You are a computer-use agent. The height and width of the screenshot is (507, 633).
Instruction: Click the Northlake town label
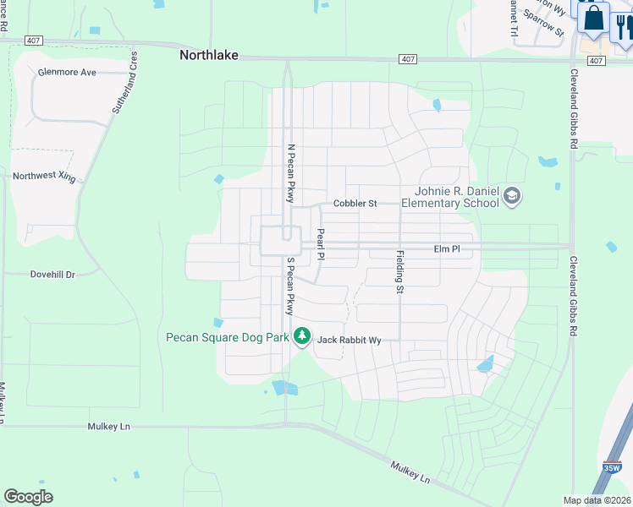tap(208, 55)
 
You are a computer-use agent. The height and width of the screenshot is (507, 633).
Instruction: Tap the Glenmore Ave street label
tap(67, 73)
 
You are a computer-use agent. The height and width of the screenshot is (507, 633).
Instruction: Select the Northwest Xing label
tap(43, 177)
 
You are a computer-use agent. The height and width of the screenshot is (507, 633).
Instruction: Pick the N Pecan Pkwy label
tap(290, 173)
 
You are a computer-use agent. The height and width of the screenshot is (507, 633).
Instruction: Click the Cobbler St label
tap(355, 204)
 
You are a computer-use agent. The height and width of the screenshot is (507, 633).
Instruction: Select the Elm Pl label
tap(446, 249)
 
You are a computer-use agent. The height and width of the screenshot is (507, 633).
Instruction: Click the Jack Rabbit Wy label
tap(349, 341)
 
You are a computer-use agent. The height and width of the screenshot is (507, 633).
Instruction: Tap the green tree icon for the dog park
tap(302, 337)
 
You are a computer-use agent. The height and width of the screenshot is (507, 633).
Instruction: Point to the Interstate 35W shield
tap(613, 466)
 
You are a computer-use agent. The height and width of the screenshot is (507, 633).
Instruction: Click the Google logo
tap(28, 497)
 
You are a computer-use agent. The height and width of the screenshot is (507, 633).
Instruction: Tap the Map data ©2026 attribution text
tap(597, 500)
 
